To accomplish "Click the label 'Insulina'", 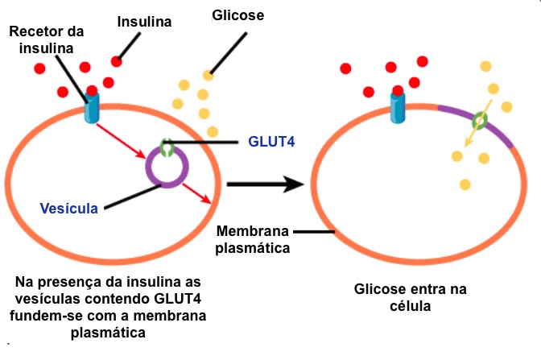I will point(144,22).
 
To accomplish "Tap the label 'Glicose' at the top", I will point(238,15).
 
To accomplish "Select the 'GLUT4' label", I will point(272,141).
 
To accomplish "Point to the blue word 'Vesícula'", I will point(69,208).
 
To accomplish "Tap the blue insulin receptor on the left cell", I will point(93,108).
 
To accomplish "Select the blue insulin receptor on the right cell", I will point(398,108).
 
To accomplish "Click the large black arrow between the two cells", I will point(266,184).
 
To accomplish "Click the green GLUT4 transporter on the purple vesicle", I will point(167,148).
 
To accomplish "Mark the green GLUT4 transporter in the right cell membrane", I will point(479,122).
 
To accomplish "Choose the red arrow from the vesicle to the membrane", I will point(198,192).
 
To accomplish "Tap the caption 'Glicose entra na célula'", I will point(411,297).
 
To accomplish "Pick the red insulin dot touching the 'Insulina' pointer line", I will point(117,61).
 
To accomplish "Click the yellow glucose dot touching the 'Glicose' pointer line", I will point(209,75).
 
